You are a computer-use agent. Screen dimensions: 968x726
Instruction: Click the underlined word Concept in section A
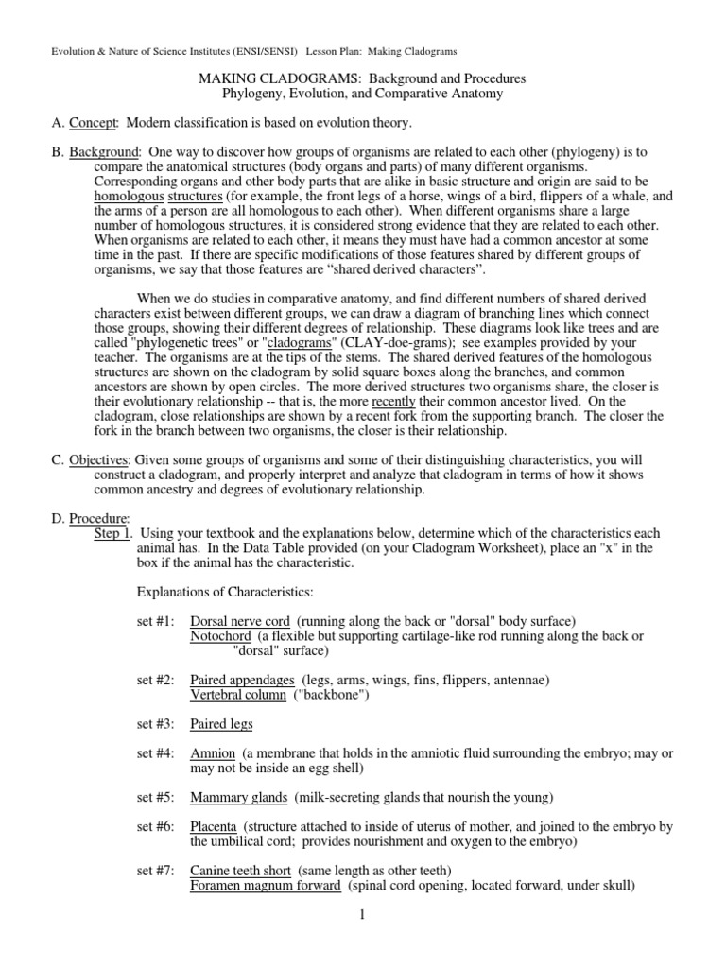click(x=93, y=123)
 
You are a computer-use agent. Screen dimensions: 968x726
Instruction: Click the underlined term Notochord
click(x=219, y=636)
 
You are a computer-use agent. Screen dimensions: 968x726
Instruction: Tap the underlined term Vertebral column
click(x=237, y=695)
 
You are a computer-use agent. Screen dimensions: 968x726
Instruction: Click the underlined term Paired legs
click(x=221, y=725)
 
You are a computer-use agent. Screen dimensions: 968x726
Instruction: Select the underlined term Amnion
click(x=212, y=753)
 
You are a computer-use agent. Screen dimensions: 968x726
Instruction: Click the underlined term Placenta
click(x=213, y=826)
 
